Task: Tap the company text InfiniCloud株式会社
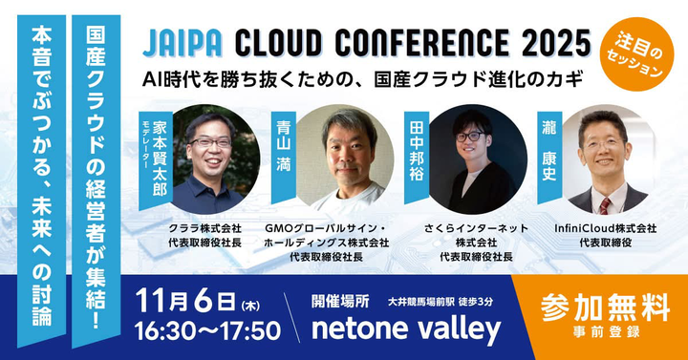coord(605,229)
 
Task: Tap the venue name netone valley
coord(406,328)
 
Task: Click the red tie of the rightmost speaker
coord(604,203)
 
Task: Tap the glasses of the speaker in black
coord(469,137)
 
